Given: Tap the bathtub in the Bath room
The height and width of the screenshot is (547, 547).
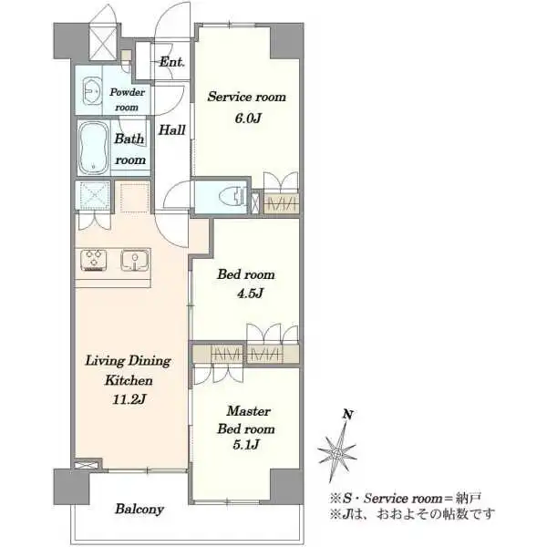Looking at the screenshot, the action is (x=94, y=148).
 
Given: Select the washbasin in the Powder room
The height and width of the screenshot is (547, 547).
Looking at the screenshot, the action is (x=91, y=90).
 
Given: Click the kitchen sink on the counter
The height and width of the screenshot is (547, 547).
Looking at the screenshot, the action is (x=135, y=260).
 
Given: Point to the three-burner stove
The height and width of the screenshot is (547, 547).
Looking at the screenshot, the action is (x=94, y=260).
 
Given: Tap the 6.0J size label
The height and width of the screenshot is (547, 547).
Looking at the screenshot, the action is (x=247, y=119).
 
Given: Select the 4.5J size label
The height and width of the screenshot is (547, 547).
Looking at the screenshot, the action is (x=250, y=294).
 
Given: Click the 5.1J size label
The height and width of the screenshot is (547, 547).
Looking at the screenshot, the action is (x=246, y=445).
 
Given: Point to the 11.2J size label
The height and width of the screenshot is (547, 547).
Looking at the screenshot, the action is (x=129, y=400).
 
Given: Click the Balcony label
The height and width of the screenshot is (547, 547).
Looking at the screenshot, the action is (x=139, y=510).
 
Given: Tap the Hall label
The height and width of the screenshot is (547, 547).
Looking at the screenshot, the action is (x=172, y=130).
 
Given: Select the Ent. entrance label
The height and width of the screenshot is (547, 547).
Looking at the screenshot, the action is (x=171, y=62).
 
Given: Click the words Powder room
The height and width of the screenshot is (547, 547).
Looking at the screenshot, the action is (x=127, y=99).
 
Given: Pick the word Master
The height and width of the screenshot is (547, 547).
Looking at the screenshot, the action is (x=248, y=411).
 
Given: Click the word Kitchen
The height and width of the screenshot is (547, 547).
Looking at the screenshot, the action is (x=129, y=380).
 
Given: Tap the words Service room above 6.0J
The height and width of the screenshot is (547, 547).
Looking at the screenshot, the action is (x=247, y=97).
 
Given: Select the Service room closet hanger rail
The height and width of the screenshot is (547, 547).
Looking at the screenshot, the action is (x=281, y=203).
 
